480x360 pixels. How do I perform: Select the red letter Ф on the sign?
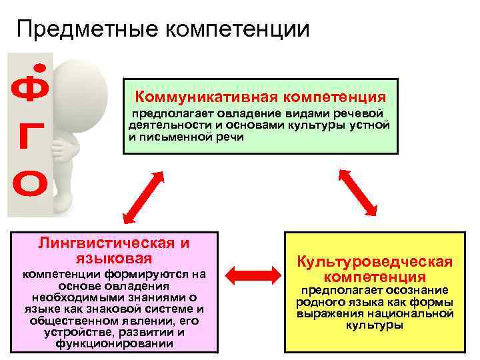point(29,91)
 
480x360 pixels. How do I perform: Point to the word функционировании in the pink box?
point(115,343)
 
